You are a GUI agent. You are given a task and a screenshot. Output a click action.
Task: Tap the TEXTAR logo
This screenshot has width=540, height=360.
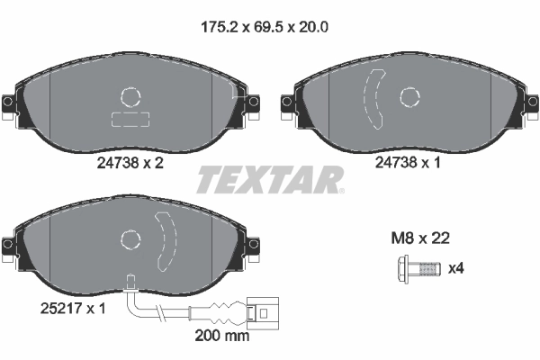pyautogui.click(x=270, y=179)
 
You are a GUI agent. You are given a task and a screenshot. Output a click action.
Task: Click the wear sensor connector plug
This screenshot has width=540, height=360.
pyautogui.click(x=261, y=314)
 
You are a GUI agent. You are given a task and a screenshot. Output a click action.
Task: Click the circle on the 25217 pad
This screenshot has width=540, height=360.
pyautogui.click(x=131, y=238)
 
